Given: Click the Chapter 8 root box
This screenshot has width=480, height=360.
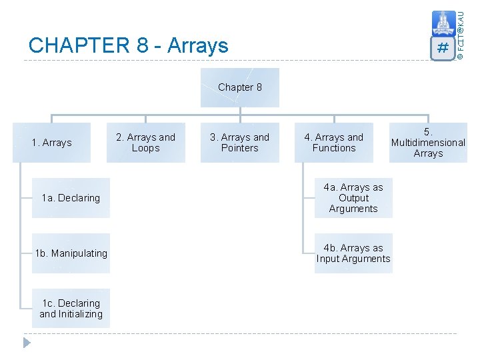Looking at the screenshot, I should tap(240, 87).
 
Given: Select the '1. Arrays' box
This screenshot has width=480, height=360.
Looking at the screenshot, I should tap(51, 143).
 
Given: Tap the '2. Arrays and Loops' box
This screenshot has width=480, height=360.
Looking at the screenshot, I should tap(145, 143).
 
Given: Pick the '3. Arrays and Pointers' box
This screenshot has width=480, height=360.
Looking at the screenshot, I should tap(239, 143).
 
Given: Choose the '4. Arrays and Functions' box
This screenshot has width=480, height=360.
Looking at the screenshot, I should tap(333, 143).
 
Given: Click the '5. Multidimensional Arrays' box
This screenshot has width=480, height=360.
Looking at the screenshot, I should tap(428, 143).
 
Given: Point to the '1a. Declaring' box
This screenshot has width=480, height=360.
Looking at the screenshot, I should tap(71, 198).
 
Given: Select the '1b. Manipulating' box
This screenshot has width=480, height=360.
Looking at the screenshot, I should tap(71, 253).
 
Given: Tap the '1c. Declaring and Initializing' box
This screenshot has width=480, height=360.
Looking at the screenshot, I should tap(71, 309).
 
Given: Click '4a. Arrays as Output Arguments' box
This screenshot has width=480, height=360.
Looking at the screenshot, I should tap(353, 198).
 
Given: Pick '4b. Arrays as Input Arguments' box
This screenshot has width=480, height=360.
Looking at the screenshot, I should tap(353, 253).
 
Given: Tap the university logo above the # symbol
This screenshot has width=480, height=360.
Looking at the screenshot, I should tap(443, 23).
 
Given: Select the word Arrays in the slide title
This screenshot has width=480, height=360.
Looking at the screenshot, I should tap(198, 45).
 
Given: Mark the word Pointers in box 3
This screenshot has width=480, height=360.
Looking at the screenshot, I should tap(239, 148).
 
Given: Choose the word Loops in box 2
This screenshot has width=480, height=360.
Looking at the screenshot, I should tap(145, 148).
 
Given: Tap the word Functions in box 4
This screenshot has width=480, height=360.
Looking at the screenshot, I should tap(333, 148).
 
